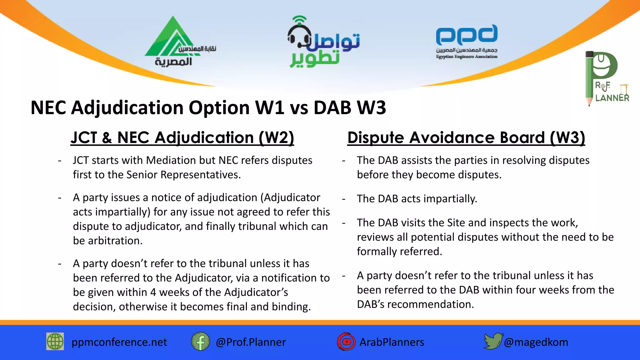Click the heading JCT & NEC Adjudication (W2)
[182, 138]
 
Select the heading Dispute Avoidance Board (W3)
[466, 138]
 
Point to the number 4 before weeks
[153, 292]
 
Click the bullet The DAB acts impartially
[417, 199]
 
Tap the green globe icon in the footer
[55, 342]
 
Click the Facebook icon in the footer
[200, 342]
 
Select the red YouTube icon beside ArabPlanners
[346, 342]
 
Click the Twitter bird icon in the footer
[493, 341]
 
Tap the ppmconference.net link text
[119, 342]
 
